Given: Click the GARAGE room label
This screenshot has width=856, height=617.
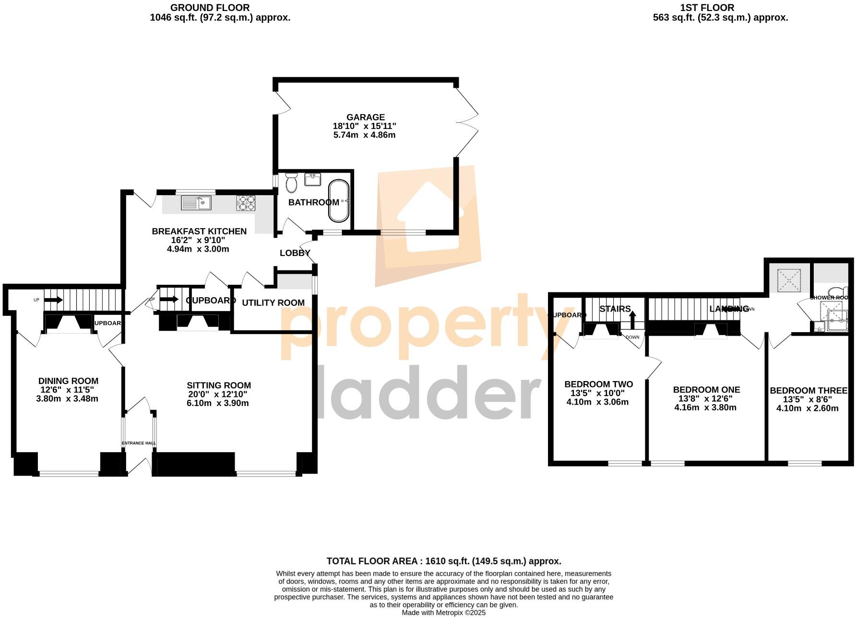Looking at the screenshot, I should [x=366, y=117].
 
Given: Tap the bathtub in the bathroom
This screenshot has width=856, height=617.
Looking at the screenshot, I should [x=339, y=201].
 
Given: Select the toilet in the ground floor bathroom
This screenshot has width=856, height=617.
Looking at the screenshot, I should [x=291, y=182].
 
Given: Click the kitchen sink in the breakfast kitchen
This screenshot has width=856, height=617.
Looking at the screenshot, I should [x=196, y=203].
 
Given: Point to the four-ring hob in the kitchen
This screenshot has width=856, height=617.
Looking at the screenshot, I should [x=246, y=203].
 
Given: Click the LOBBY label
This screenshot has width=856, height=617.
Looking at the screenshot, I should [x=295, y=253].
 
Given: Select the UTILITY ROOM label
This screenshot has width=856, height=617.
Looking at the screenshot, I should [x=273, y=303].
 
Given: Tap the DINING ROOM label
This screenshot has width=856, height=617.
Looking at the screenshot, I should [x=68, y=381].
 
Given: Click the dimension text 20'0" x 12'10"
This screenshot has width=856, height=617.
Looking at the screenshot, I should [x=218, y=394].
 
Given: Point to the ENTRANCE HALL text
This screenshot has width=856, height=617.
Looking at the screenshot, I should [x=139, y=443].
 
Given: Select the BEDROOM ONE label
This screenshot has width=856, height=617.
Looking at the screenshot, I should [x=706, y=390].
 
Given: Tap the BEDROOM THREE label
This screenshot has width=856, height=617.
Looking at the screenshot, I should [x=808, y=391].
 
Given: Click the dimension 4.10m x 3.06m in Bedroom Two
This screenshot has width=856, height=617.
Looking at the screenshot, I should [x=597, y=402].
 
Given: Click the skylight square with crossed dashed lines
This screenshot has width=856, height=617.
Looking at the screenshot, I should [x=789, y=280].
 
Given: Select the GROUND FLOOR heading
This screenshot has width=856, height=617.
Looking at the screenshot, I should [x=210, y=8].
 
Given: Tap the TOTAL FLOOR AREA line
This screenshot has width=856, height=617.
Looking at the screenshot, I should [x=443, y=561].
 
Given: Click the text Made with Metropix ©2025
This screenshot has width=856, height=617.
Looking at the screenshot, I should [x=443, y=613].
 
